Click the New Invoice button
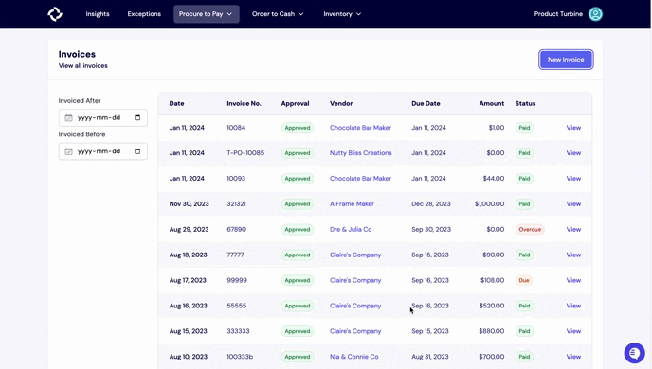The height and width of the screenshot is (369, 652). click(x=566, y=60)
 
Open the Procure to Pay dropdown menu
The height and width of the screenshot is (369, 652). click(x=206, y=14)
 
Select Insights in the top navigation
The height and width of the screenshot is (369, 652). click(x=98, y=14)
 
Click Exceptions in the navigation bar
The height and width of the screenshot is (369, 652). click(x=144, y=14)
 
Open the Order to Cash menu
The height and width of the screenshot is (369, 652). click(x=278, y=14)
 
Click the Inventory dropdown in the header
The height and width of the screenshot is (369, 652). click(x=342, y=14)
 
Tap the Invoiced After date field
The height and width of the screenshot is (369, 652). click(x=103, y=118)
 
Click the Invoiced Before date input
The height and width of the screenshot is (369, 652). click(x=103, y=151)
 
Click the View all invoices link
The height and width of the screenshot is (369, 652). click(x=83, y=66)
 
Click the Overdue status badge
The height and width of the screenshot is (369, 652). click(x=530, y=230)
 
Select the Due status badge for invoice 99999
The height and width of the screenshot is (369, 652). click(x=524, y=281)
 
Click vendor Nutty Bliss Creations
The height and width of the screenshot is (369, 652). click(x=360, y=153)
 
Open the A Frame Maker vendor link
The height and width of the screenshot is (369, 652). click(x=352, y=204)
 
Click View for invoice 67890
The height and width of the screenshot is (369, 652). click(x=573, y=230)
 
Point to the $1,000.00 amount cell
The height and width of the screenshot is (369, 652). click(x=489, y=204)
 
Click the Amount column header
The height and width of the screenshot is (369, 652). click(x=491, y=103)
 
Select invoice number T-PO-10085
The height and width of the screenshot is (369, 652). click(x=245, y=153)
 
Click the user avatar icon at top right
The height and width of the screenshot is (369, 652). click(x=595, y=14)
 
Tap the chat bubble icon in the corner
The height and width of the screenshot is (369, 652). click(x=634, y=352)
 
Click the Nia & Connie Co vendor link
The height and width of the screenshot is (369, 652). click(x=353, y=357)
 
